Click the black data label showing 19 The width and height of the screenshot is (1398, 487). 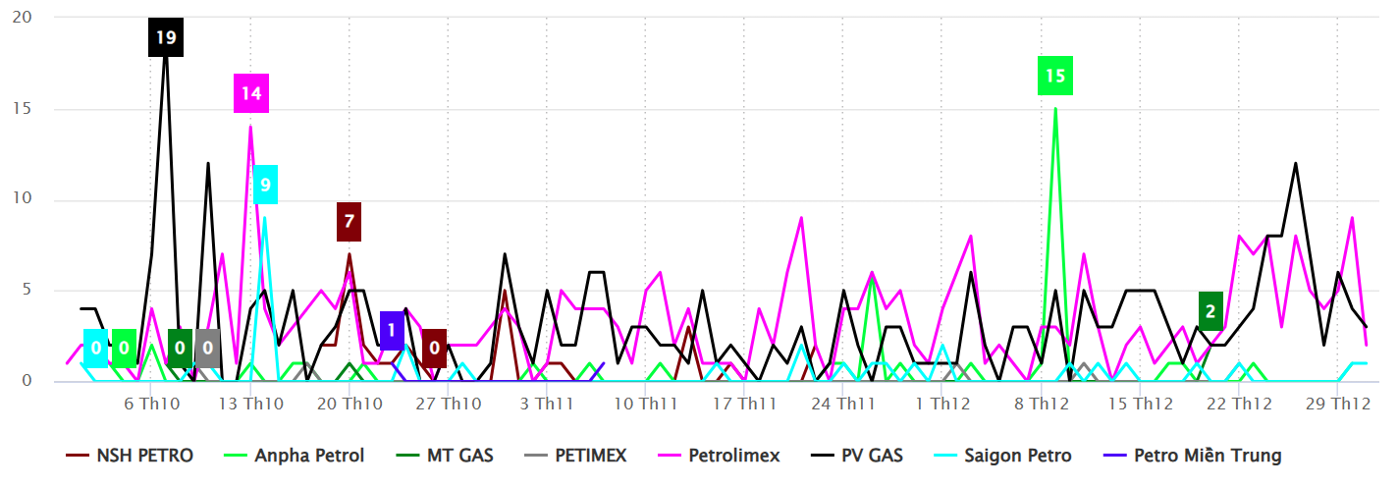point(166,38)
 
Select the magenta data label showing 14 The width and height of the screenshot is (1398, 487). point(250,93)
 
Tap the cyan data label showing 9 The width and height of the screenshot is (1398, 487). point(265,185)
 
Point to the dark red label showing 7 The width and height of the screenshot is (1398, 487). point(349,221)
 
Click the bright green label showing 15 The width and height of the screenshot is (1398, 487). point(1055,76)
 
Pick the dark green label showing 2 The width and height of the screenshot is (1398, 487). point(1210,311)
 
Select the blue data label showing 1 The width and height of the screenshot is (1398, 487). point(391,330)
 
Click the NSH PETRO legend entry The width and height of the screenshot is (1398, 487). point(130,456)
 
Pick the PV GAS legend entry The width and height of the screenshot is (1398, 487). point(859,456)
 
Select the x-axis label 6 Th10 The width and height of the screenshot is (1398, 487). point(152,404)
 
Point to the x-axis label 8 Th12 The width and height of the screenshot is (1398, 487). point(1042,404)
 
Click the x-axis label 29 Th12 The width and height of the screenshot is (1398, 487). point(1339,404)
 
